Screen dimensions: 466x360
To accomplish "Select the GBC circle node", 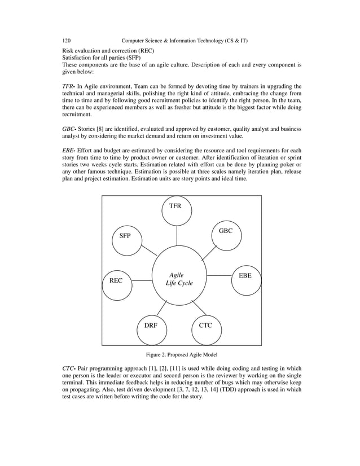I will click(x=225, y=231).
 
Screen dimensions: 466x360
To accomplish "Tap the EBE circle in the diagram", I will click(x=245, y=276).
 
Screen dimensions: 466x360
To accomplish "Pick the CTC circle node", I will click(x=205, y=326).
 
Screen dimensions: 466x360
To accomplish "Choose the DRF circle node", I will click(x=151, y=326).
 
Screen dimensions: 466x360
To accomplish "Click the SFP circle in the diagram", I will click(x=125, y=236).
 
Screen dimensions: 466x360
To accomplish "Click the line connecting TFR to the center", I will click(x=176, y=236).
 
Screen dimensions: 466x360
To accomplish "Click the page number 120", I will click(x=67, y=41).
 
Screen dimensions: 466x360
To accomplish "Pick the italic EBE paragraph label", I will click(x=69, y=151).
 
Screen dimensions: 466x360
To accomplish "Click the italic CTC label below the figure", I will click(x=69, y=368).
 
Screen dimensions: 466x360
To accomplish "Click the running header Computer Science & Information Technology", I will click(x=185, y=41).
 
